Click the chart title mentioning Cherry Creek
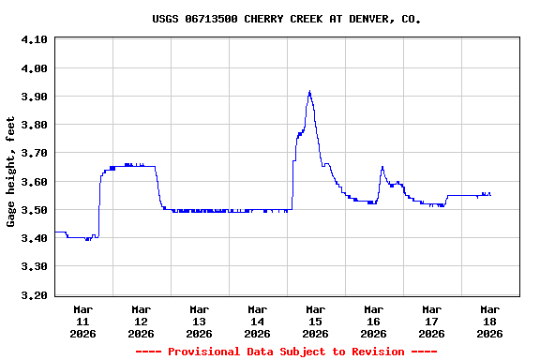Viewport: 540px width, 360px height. coord(286,19)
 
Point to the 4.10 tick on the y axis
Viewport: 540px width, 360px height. coord(35,39)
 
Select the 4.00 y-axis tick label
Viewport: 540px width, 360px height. coord(35,68)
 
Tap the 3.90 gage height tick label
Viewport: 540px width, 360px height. coord(35,97)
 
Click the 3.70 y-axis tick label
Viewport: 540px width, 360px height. coord(35,153)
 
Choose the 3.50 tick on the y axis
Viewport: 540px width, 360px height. coord(35,210)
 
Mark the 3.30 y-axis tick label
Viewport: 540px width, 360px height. coord(35,266)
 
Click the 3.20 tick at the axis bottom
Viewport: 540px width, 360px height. coord(35,295)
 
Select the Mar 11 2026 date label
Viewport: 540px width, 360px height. coord(82,321)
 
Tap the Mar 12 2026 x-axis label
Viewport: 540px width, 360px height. coord(141,321)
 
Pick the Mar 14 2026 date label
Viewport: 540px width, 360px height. coord(257,321)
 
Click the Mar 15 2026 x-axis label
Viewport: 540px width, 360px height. coord(315,321)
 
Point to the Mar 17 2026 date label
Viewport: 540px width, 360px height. coord(431,321)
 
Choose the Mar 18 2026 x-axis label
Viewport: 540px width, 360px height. coord(489,321)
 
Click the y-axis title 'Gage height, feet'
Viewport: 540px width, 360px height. coord(11,172)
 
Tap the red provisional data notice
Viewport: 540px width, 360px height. coord(286,352)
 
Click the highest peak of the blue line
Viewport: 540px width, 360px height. coord(309,92)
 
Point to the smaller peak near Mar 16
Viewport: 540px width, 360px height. coord(382,168)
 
